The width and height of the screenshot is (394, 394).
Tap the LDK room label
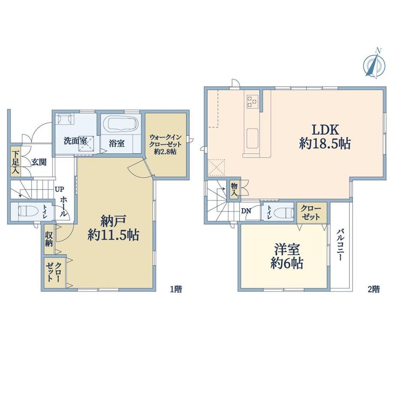coord(325,130)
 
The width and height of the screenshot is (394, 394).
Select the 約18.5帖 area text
coord(325,144)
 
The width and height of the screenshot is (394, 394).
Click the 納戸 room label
coord(113,221)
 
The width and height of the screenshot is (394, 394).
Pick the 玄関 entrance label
coord(39,162)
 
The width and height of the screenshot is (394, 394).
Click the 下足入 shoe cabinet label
coord(15,162)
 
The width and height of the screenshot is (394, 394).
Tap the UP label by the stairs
coord(60,189)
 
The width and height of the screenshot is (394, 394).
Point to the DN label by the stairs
coord(246,211)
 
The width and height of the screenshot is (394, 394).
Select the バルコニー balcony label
coord(341,245)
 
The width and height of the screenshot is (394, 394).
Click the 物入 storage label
coord(234,189)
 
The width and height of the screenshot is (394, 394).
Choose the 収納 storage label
coord(49,239)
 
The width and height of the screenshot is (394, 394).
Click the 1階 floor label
coord(176,289)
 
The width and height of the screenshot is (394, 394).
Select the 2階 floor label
coord(373,289)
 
